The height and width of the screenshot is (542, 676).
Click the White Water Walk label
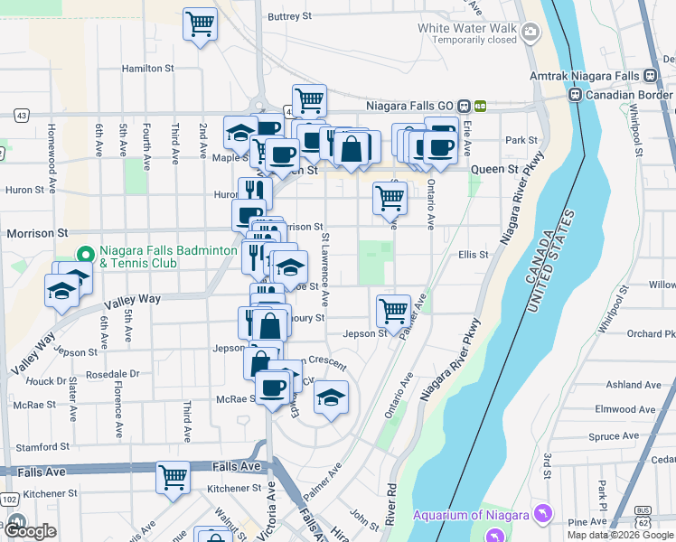[x=467, y=28]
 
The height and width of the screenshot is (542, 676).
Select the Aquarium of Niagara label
[x=470, y=515]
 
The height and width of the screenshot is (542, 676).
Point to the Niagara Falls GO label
[x=410, y=105]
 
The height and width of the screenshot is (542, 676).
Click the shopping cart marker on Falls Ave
[x=173, y=476]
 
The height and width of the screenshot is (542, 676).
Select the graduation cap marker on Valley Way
[x=61, y=291]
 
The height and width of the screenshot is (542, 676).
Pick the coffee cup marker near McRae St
[x=271, y=388]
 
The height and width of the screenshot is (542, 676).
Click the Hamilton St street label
[x=147, y=68]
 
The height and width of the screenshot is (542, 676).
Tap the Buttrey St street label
[x=289, y=16]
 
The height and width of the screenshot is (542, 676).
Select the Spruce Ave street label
[x=615, y=436]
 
